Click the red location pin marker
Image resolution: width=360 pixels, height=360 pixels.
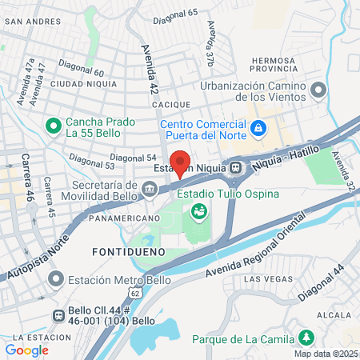180,162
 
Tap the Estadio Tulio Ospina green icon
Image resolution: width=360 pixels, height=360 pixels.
198,212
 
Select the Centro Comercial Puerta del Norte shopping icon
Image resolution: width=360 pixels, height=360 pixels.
258,128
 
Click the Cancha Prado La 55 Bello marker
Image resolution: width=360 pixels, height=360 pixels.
54,126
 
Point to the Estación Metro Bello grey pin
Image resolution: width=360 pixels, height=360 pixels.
55,280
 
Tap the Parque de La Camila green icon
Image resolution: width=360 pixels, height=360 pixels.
305,337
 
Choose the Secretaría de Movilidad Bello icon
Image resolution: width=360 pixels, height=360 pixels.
150,189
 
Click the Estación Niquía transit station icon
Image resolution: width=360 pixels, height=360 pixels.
236,168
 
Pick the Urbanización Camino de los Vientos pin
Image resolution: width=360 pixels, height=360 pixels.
318,89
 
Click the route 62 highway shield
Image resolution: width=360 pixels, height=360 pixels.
135,293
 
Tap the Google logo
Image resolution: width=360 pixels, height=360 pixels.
26,350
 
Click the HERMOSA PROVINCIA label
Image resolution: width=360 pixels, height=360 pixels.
279,60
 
